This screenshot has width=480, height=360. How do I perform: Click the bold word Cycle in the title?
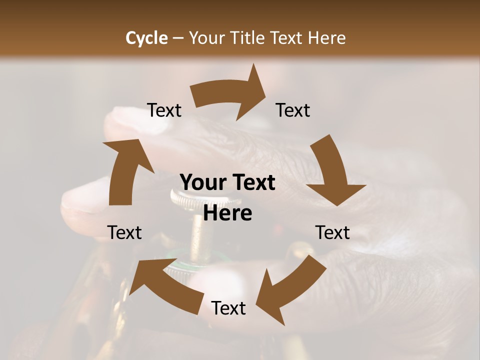[x=146, y=38]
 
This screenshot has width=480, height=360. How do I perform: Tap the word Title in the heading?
[x=248, y=38]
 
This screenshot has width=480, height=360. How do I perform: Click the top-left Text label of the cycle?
[x=164, y=110]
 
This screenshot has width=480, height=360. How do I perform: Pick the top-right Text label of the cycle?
[x=293, y=110]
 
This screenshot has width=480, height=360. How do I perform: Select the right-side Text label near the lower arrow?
[x=332, y=232]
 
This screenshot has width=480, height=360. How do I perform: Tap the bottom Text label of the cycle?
[x=228, y=308]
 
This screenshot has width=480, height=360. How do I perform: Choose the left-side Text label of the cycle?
[x=124, y=232]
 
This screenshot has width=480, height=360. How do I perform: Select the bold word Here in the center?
[x=228, y=213]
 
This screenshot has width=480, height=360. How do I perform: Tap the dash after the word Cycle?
[x=178, y=38]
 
